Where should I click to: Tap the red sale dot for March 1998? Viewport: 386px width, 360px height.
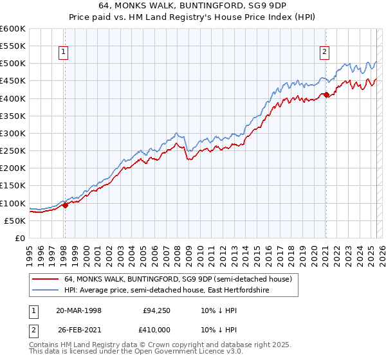click(65, 206)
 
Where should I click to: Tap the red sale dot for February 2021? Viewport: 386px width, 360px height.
click(326, 95)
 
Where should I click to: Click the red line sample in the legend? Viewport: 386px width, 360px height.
click(46, 280)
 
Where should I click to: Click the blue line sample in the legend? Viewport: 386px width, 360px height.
click(46, 291)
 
